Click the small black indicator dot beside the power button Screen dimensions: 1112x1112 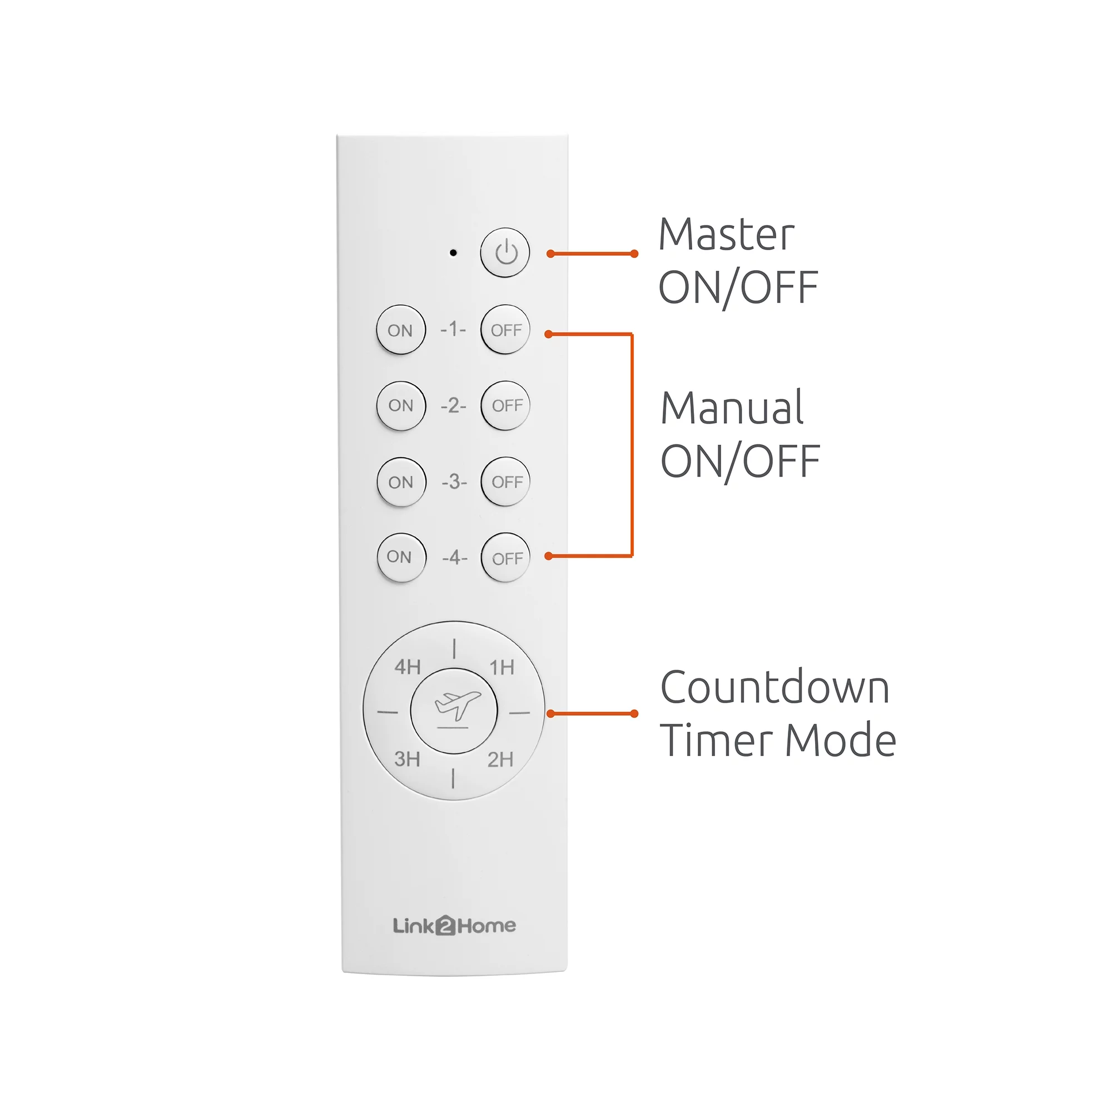(x=453, y=252)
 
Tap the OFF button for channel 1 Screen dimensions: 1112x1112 (x=505, y=330)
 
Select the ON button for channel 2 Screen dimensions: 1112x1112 (x=401, y=405)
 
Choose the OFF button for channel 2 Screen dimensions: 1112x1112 (x=506, y=405)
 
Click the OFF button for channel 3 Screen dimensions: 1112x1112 (x=506, y=481)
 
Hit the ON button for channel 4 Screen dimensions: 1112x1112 (x=401, y=557)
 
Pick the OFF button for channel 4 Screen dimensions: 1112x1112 (x=506, y=557)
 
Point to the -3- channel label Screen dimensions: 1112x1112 (x=454, y=481)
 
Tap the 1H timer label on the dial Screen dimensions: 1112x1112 (x=502, y=668)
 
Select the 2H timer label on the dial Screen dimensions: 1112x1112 (x=500, y=759)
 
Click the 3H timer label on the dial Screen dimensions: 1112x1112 (x=407, y=759)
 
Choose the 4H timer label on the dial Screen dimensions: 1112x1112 (x=408, y=667)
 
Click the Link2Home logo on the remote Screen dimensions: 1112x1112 (x=454, y=926)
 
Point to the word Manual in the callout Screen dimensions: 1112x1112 (x=732, y=408)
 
